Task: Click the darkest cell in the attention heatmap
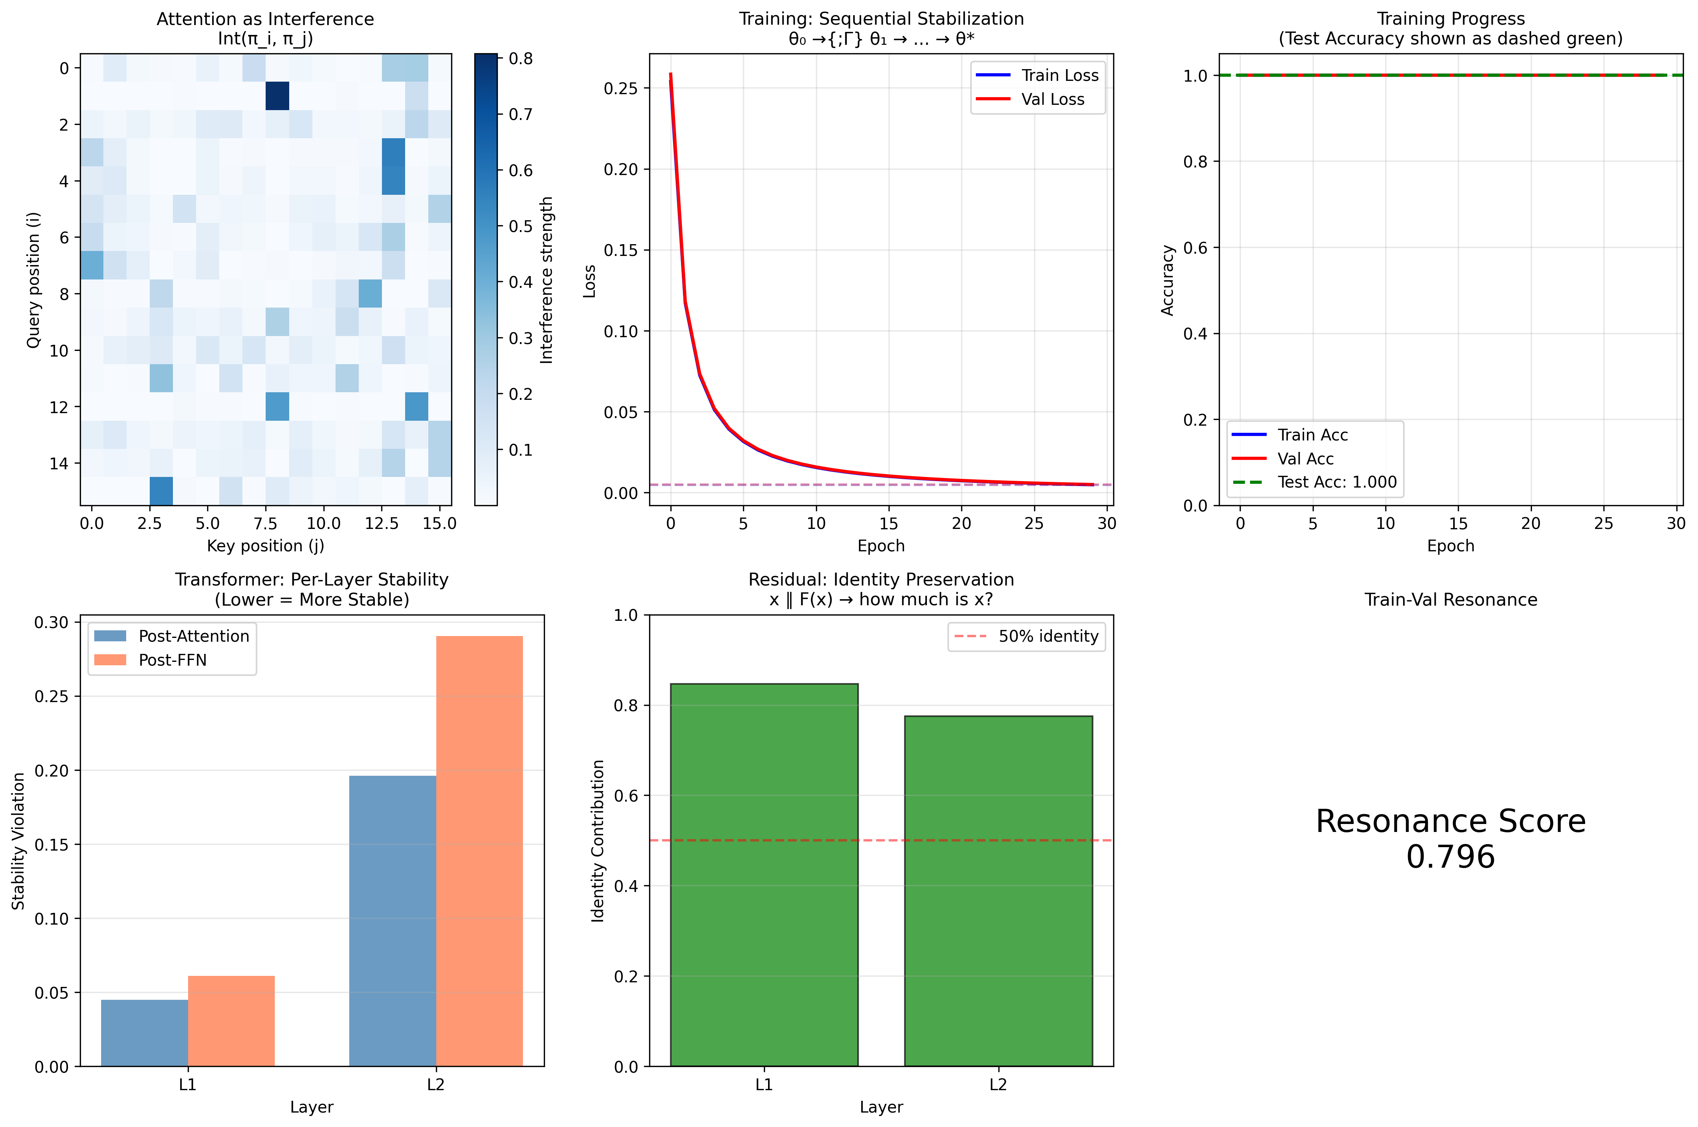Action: pyautogui.click(x=277, y=96)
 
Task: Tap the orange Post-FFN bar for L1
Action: pyautogui.click(x=231, y=1021)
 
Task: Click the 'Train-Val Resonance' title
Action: pyautogui.click(x=1450, y=600)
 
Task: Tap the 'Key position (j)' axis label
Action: pyautogui.click(x=265, y=546)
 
